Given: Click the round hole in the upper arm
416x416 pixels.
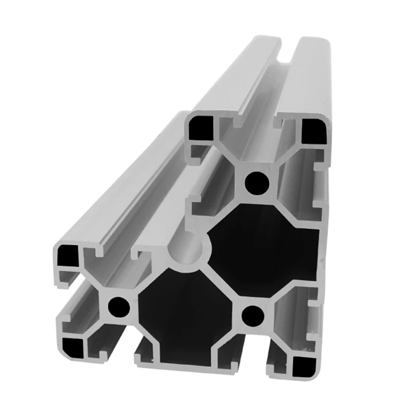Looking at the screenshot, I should pyautogui.click(x=256, y=182).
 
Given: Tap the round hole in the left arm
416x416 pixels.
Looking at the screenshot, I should pyautogui.click(x=118, y=306).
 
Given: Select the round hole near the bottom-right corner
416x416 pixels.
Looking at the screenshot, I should pyautogui.click(x=253, y=316).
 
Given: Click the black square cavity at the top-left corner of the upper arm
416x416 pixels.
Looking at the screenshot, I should pyautogui.click(x=198, y=129).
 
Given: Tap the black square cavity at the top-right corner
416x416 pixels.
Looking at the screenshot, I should pyautogui.click(x=314, y=130).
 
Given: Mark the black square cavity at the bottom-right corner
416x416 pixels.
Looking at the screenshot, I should pyautogui.click(x=303, y=364).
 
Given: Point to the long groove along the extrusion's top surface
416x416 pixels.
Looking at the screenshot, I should pyautogui.click(x=277, y=61).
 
